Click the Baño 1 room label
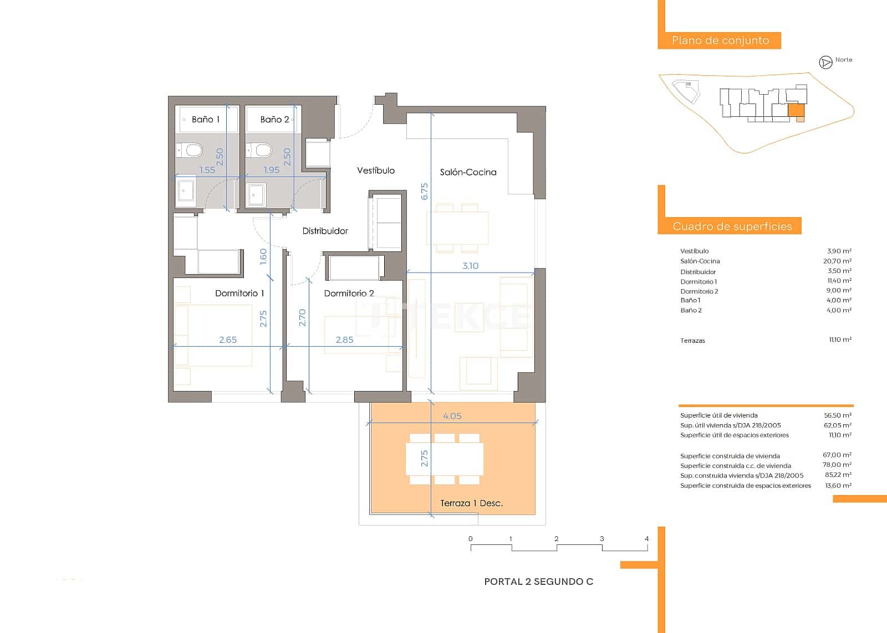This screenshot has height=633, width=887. point(206,119)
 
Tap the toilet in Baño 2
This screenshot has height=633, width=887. point(259,150)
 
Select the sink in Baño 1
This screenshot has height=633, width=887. point(186,192)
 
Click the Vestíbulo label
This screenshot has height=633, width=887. point(376,171)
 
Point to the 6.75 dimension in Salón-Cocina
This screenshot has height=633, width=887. point(425,192)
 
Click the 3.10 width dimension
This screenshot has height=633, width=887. point(470,266)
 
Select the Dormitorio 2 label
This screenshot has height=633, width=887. point(349,293)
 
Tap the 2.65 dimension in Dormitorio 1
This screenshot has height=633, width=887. point(228,340)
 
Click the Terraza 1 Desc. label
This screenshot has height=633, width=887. point(471,503)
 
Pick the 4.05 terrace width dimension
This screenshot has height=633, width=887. point(452,416)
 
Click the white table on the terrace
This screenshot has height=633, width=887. point(445,459)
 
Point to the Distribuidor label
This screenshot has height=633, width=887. point(325,231)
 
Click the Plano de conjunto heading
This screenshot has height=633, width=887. point(720,40)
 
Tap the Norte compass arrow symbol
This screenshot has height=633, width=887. point(825,63)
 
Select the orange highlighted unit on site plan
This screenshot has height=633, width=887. point(796,110)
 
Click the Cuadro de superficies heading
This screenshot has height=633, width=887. point(732,226)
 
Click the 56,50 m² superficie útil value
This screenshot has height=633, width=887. point(837,415)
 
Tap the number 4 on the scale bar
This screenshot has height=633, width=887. point(646,538)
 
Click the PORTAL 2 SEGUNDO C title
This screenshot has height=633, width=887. point(538,581)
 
